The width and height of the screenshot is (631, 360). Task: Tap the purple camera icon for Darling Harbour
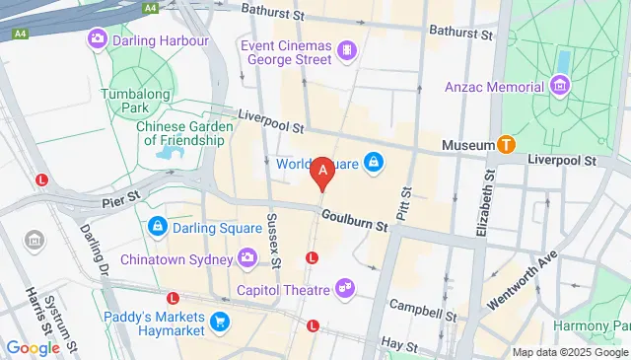[x=98, y=40]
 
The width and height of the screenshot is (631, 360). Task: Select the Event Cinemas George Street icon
[x=346, y=50]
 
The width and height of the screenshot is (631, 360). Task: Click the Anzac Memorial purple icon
[x=560, y=87]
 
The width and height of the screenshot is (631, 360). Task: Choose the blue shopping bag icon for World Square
[x=373, y=162]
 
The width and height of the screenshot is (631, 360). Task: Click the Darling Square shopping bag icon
[x=157, y=228]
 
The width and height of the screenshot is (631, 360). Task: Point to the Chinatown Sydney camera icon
[x=247, y=259]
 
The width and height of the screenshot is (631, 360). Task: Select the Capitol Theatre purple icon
[x=344, y=289]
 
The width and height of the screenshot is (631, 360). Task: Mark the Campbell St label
[x=422, y=310]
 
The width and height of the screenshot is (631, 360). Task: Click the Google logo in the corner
[x=34, y=347]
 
